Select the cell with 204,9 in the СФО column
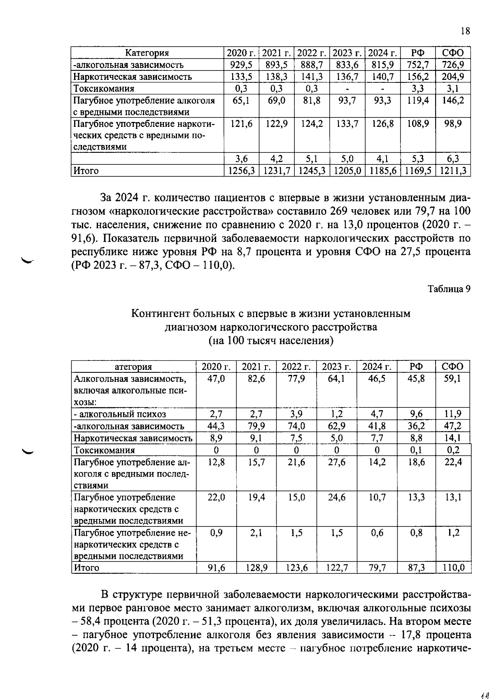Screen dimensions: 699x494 453,77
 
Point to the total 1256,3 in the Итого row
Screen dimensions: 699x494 241,171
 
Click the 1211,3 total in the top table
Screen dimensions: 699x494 453,171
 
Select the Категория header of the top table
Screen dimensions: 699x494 147,53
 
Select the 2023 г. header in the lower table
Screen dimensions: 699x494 336,367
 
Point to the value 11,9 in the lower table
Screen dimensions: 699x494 453,414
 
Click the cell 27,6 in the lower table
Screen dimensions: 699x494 336,462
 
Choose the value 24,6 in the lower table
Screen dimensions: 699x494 336,498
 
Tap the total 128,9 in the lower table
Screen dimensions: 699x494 256,568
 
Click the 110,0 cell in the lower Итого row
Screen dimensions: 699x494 453,568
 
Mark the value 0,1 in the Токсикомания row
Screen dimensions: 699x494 416,450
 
